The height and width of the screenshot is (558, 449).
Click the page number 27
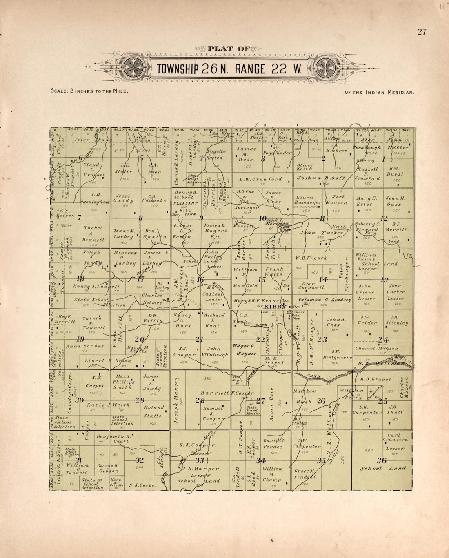tap(422, 32)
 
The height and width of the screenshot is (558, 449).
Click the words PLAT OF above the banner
tap(229, 49)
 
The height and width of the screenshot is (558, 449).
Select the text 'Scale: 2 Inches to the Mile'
tap(89, 91)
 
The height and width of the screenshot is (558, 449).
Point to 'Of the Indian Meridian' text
tap(380, 93)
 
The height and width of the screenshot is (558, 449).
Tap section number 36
tap(382, 461)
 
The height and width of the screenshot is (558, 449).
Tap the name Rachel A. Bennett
tap(93, 234)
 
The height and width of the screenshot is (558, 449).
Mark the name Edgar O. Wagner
tap(244, 350)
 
